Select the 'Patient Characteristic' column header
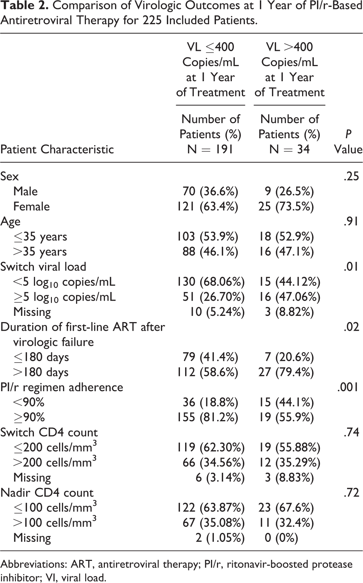(57, 150)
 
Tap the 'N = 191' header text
(210, 150)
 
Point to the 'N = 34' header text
(289, 150)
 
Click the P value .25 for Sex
(352, 177)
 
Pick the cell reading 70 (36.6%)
(210, 191)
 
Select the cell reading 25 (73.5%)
(286, 207)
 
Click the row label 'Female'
(31, 207)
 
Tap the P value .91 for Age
(352, 222)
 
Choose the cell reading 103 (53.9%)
(208, 237)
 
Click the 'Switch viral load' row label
(43, 267)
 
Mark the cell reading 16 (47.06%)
(289, 297)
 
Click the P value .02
(352, 327)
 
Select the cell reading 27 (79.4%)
(286, 373)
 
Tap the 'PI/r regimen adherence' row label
(62, 387)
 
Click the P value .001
(348, 387)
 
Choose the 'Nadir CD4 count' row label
(47, 493)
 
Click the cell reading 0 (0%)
(281, 538)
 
